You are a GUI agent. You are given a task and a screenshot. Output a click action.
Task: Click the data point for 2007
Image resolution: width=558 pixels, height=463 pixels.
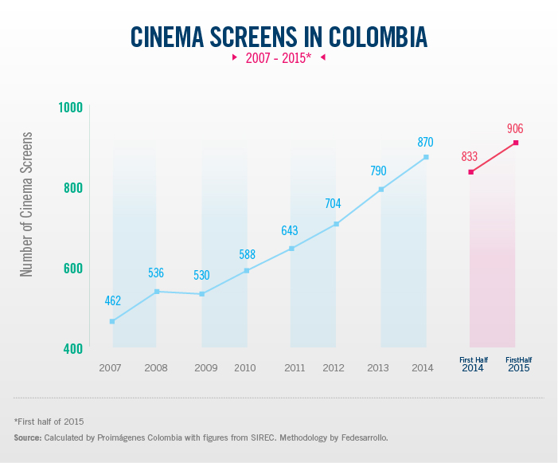(112, 321)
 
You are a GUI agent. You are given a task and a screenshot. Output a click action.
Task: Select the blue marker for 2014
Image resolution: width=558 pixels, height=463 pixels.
(426, 157)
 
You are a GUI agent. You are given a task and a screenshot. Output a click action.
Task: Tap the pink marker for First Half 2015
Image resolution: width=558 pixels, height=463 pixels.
(516, 143)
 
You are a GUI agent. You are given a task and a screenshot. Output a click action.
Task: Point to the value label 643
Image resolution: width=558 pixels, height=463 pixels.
(289, 231)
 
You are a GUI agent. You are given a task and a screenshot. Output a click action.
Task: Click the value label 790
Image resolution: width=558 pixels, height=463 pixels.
(378, 171)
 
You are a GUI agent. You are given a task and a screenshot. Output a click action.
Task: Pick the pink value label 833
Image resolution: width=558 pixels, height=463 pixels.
(469, 156)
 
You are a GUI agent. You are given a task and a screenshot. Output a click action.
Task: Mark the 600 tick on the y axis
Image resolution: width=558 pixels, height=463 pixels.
(72, 268)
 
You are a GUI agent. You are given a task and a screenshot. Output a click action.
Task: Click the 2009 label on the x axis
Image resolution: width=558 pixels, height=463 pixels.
(205, 367)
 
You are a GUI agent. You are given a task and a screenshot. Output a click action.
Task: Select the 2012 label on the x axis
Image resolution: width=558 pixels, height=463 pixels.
(334, 367)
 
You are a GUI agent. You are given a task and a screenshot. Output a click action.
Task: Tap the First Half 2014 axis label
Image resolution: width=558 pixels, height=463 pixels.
(472, 365)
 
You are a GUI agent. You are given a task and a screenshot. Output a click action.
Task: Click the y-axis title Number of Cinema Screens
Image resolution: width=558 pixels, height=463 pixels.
(27, 204)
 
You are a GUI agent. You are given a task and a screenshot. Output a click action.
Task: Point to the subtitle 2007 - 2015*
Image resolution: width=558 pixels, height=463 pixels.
(278, 58)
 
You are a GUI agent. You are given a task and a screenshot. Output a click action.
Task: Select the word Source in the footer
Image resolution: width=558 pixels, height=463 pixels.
(27, 438)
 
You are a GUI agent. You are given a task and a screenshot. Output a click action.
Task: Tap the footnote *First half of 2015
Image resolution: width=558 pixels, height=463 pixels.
(49, 421)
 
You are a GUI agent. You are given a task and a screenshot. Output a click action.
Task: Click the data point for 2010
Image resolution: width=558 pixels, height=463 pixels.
(246, 271)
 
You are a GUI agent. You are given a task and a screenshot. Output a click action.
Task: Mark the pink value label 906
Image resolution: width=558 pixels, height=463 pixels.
(514, 128)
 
